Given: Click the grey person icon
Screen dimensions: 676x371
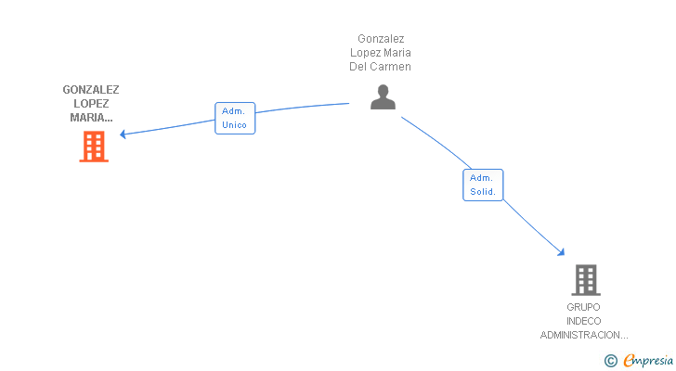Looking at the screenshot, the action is [x=383, y=97].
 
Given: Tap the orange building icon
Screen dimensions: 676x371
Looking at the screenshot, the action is [x=94, y=147].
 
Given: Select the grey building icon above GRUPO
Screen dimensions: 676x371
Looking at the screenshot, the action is [x=585, y=279].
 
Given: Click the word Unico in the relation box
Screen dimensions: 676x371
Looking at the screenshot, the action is [x=235, y=125].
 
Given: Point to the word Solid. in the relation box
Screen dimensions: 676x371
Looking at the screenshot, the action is [x=483, y=192].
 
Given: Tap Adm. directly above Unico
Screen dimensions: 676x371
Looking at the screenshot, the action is [x=234, y=110].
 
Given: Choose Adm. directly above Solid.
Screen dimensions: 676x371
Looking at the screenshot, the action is [x=482, y=177].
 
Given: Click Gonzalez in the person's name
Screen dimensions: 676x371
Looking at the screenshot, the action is [x=381, y=39].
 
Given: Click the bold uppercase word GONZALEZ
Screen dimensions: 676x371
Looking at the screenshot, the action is [x=91, y=90].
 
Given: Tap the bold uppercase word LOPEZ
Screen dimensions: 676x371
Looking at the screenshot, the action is [x=91, y=104].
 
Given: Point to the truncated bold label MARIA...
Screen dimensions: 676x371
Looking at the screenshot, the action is [x=91, y=118].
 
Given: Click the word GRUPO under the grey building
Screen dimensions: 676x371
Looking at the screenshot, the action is [x=583, y=307].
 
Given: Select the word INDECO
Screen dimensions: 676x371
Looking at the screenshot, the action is [x=583, y=321].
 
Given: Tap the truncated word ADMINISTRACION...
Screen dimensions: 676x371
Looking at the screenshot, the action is [x=584, y=335].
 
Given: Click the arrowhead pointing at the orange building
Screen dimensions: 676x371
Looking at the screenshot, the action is [x=123, y=134].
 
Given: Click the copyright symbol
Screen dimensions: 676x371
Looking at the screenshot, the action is [x=610, y=361].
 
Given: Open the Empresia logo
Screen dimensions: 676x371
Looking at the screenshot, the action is [x=648, y=360].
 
